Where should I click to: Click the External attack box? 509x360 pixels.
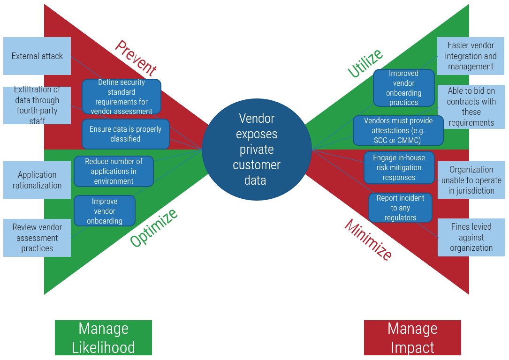[x=37, y=56]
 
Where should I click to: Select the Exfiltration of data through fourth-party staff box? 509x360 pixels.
[x=37, y=105]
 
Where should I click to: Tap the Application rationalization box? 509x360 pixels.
[x=37, y=180]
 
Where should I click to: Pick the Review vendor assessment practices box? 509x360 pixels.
[x=37, y=238]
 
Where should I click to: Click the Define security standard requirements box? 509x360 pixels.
[x=122, y=97]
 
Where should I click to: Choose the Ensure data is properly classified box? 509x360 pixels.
[x=125, y=134]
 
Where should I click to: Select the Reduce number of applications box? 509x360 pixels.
[x=114, y=171]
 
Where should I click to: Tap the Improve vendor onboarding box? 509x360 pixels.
[x=105, y=211]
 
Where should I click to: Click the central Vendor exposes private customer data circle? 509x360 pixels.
[x=257, y=149]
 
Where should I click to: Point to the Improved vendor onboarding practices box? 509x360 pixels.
[x=403, y=88]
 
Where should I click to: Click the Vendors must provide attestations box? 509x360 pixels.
[x=398, y=130]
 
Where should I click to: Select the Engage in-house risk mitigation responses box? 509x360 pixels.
[x=399, y=167]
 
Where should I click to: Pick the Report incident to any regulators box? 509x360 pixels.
[x=400, y=208]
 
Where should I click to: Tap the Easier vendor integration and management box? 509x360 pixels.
[x=471, y=56]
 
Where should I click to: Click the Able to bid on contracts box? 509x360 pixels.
[x=471, y=107]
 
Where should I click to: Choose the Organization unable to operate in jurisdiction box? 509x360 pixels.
[x=471, y=180]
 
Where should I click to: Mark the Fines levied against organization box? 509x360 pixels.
[x=471, y=237]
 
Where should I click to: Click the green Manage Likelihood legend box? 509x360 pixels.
[x=103, y=337]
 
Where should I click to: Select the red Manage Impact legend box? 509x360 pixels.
[x=412, y=337]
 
